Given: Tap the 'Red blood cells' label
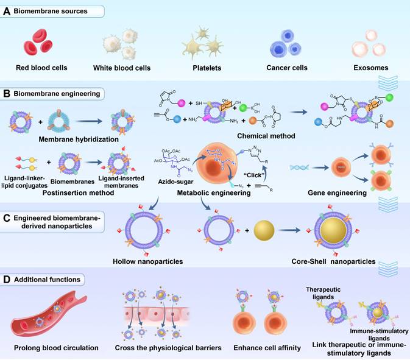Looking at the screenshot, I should [41, 68].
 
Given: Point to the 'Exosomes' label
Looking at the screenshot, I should [370, 68].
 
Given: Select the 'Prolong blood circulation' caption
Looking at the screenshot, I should [55, 348].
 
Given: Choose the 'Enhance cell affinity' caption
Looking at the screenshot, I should [264, 348].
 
